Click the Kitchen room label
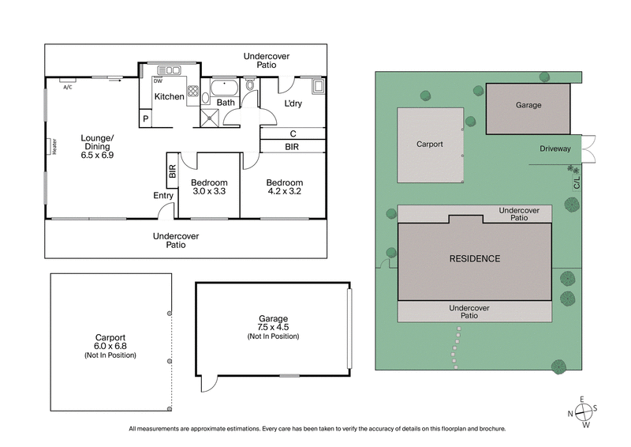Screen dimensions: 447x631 click(x=169, y=97)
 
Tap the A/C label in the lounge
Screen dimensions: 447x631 click(x=67, y=87)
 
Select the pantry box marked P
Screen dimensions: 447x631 click(x=145, y=119)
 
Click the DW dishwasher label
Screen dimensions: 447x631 click(x=158, y=81)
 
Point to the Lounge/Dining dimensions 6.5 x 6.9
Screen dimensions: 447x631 click(x=97, y=156)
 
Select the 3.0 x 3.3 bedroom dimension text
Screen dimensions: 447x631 click(x=209, y=191)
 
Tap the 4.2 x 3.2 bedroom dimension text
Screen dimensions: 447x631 click(x=283, y=191)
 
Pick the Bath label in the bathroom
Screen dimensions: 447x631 click(x=226, y=103)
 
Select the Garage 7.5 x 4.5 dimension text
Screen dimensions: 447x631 click(x=272, y=328)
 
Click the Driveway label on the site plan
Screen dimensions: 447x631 click(x=555, y=148)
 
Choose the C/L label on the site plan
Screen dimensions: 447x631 click(x=577, y=183)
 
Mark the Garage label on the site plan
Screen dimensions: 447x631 click(x=528, y=105)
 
